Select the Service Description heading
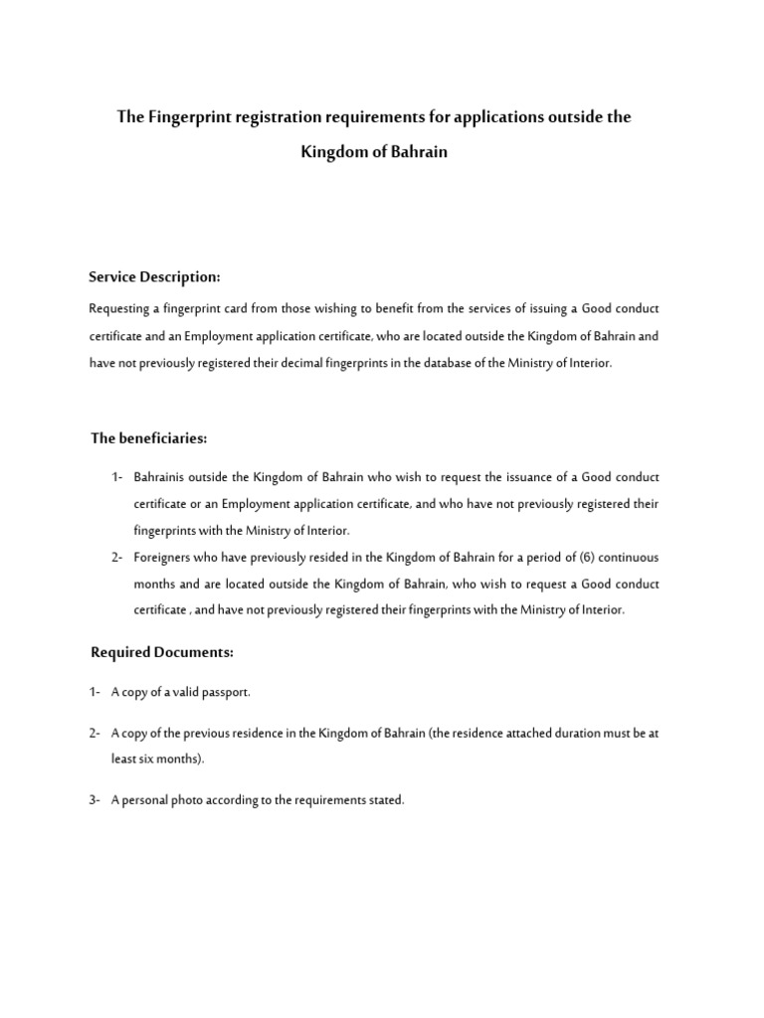coord(154,275)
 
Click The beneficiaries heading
coord(149,437)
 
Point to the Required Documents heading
coord(161,652)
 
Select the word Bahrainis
coord(163,477)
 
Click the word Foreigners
coord(165,557)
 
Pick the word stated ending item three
coord(387,800)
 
